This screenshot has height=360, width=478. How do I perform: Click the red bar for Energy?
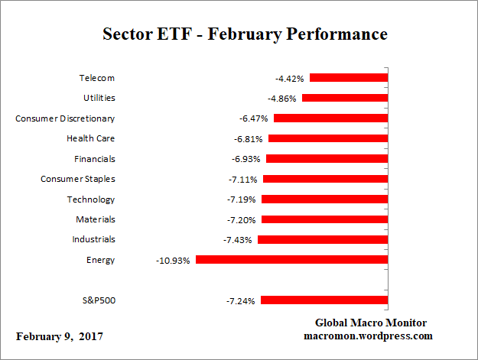(x=291, y=259)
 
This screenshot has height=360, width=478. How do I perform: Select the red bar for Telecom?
(x=349, y=77)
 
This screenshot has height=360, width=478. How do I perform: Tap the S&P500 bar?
(x=324, y=300)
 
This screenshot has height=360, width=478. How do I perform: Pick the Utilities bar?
(x=345, y=98)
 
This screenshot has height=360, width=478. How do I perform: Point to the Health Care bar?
(x=328, y=138)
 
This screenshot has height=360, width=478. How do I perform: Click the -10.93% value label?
(x=174, y=260)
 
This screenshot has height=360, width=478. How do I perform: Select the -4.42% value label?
(x=290, y=78)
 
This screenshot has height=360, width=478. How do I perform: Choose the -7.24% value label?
(x=241, y=300)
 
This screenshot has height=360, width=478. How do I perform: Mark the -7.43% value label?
(x=238, y=240)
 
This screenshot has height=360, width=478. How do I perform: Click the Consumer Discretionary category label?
(x=65, y=118)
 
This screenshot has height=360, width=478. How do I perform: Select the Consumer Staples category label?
(x=77, y=179)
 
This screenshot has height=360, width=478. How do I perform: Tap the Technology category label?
(x=90, y=199)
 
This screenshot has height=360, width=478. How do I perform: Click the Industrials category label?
(x=93, y=239)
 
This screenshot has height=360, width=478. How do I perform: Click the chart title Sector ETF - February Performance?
(x=245, y=34)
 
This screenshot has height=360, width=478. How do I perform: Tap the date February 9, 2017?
(x=59, y=336)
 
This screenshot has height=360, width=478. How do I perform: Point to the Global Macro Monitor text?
(x=370, y=323)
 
